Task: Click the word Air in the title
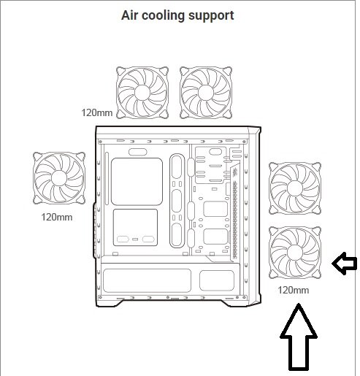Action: [x=130, y=15]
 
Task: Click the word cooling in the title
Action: [x=164, y=16]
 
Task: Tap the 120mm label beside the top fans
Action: [x=97, y=112]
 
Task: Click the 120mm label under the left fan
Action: [x=57, y=217]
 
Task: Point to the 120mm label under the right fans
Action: [x=294, y=290]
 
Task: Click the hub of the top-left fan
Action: [x=142, y=93]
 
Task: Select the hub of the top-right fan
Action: [x=206, y=93]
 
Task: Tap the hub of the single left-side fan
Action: [x=59, y=178]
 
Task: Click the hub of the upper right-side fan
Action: [x=295, y=188]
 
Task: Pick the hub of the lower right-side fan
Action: [x=295, y=253]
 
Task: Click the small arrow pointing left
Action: [x=344, y=264]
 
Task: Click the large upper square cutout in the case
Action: [x=137, y=182]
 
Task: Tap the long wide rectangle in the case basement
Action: [x=147, y=280]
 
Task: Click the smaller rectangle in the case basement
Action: [x=217, y=280]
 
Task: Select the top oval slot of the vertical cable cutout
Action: [x=177, y=167]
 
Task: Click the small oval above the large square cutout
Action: [x=137, y=152]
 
